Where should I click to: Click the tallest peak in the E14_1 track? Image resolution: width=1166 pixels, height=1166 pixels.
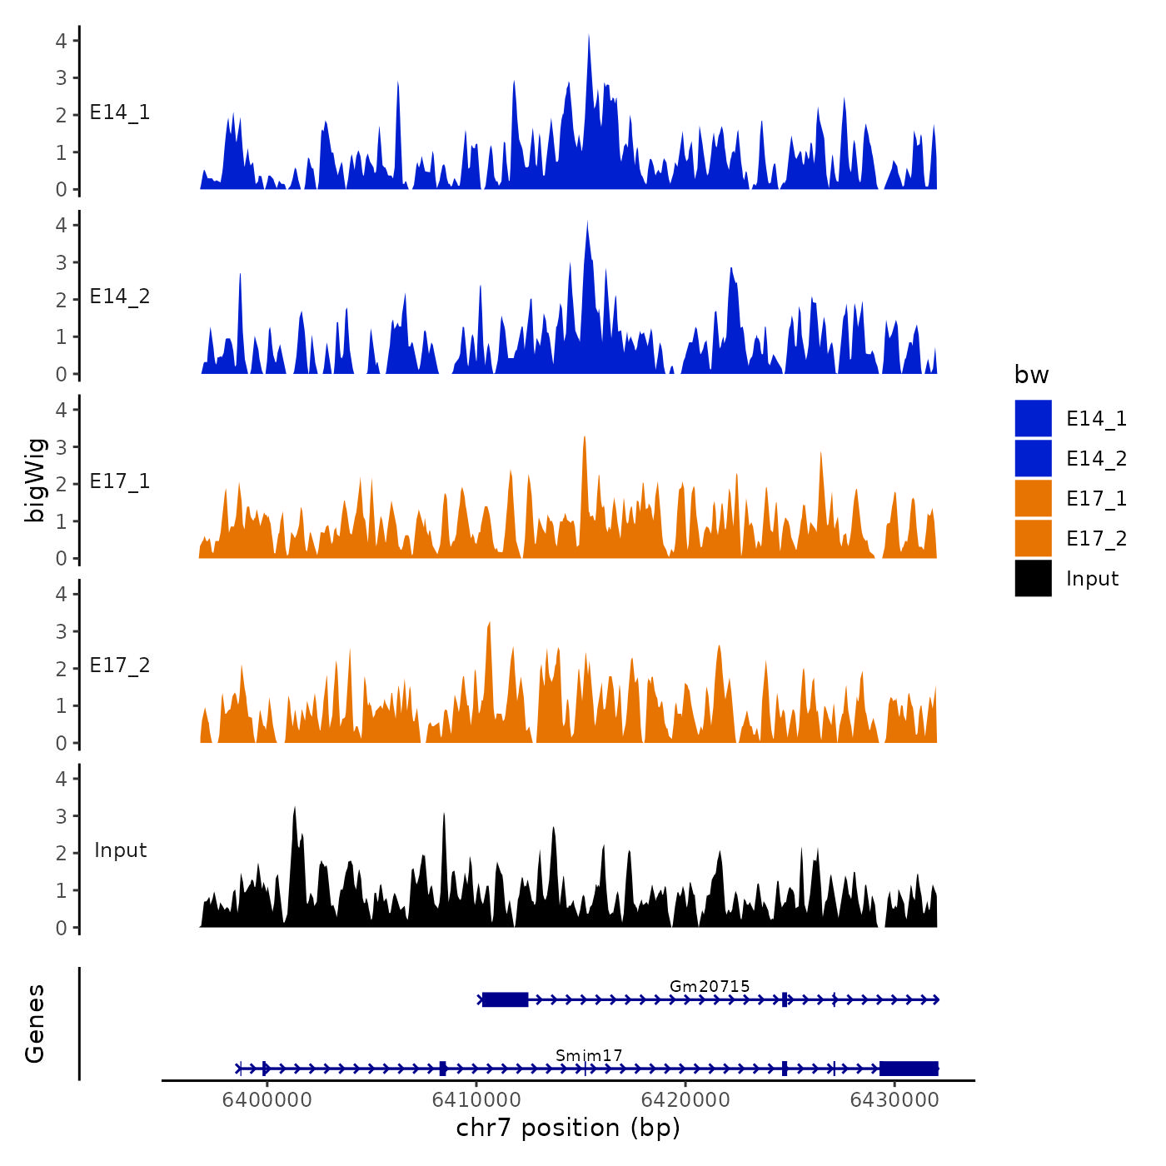589,37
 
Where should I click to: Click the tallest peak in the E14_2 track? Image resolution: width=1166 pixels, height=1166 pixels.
587,223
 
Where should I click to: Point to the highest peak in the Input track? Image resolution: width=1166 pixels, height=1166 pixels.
295,809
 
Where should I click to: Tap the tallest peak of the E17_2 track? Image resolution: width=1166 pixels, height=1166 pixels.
489,624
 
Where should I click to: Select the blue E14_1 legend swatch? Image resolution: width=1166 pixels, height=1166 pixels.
1033,418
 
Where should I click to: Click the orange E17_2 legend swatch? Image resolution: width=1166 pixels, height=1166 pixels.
1033,538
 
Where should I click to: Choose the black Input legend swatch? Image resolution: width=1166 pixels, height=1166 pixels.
1033,578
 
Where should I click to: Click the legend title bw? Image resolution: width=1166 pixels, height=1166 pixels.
1031,375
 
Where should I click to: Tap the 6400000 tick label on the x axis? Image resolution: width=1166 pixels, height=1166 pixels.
267,1100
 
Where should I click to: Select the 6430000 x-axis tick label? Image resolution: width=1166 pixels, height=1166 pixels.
894,1100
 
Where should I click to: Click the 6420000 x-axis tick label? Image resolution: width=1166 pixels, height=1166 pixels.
685,1100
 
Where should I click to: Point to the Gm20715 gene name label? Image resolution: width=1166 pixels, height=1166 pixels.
710,986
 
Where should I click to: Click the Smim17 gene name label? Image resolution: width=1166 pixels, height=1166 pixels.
589,1055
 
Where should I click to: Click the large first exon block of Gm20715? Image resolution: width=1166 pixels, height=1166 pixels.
505,999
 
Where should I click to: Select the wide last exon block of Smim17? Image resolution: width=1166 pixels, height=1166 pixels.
909,1069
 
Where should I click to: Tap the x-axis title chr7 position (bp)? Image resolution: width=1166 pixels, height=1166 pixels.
568,1128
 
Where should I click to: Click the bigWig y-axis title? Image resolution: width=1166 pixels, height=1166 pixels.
35,481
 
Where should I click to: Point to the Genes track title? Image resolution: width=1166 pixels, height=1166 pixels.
35,1024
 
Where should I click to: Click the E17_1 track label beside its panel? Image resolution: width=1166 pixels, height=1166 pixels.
120,481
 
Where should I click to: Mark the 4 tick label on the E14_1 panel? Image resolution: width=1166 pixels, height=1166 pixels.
61,40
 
